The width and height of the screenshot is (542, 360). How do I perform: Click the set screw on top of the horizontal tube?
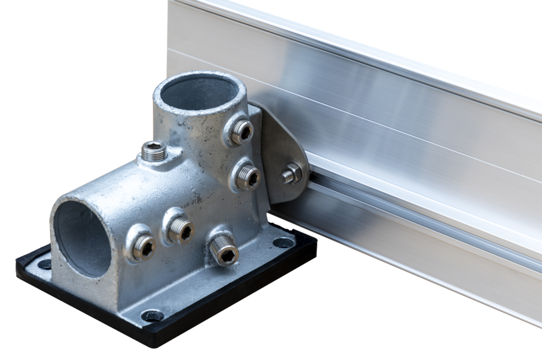(154, 152)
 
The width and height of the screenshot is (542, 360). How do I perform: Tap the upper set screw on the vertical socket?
(242, 131)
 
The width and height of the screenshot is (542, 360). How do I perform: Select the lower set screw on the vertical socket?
(248, 177)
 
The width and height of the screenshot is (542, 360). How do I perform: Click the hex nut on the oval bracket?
(293, 173)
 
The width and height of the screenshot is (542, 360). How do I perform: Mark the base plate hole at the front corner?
(152, 316)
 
